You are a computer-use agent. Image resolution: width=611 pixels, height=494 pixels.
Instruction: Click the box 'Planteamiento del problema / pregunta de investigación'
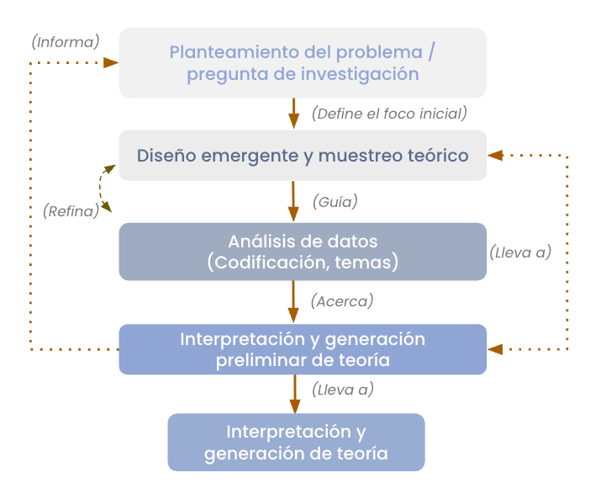tap(303, 62)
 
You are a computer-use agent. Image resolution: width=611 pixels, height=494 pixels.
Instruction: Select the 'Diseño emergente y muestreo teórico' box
tap(303, 156)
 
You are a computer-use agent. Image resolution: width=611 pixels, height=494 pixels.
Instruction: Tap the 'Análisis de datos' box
tap(303, 252)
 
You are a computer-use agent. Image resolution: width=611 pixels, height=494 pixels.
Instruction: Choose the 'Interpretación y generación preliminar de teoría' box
tap(303, 349)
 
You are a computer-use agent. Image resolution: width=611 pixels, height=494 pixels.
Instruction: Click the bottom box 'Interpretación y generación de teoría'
tap(296, 443)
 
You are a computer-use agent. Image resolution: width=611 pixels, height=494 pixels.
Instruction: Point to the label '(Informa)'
tap(65, 41)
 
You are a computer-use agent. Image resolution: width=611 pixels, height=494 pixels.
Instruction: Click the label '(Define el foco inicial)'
tap(388, 114)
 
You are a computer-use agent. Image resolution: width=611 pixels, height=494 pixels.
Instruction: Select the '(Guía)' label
tap(334, 202)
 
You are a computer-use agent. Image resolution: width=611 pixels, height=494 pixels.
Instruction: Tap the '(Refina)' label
tap(71, 212)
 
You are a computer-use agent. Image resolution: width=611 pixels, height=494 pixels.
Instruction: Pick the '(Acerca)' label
tap(341, 300)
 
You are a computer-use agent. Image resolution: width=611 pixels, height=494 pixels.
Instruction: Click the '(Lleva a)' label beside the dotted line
tap(520, 252)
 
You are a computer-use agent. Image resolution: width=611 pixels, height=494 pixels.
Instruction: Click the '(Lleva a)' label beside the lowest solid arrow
tap(342, 390)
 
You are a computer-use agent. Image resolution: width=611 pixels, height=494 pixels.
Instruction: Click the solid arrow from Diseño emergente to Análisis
tap(294, 202)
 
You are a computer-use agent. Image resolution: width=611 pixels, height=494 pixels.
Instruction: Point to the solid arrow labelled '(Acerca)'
tap(294, 301)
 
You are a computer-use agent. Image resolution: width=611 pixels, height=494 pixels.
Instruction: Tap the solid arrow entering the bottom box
tap(294, 392)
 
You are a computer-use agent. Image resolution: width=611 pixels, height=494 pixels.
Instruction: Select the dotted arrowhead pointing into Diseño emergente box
tap(496, 155)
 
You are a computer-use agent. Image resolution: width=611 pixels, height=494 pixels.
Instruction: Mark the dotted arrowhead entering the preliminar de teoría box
tap(496, 348)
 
